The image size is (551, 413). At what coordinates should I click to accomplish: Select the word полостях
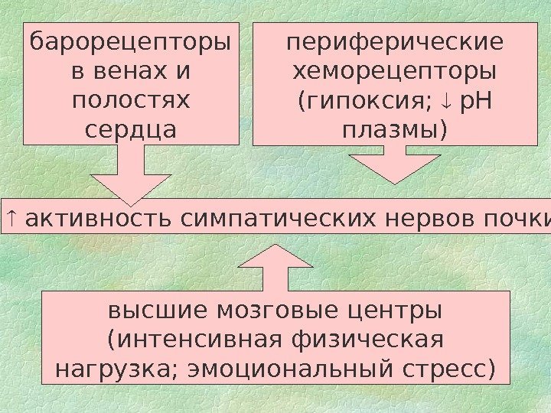(x=129, y=100)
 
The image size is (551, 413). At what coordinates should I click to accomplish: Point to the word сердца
(x=129, y=128)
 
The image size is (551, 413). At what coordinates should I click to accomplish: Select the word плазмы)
(x=396, y=128)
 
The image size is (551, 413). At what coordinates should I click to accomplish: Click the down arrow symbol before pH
(x=448, y=100)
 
